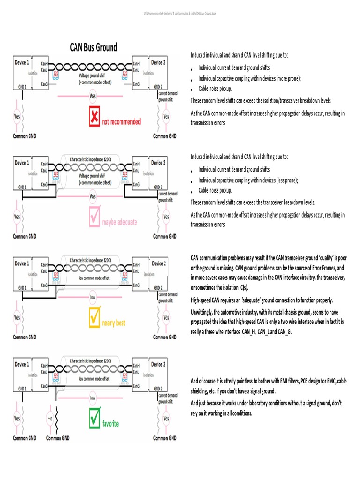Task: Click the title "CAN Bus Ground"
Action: point(94,47)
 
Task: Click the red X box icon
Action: point(95,117)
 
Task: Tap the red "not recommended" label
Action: point(121,122)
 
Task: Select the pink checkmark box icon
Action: point(95,218)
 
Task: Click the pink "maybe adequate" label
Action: point(120,222)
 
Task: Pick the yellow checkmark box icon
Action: point(95,319)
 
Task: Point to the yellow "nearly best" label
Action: point(113,323)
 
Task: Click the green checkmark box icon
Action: point(95,419)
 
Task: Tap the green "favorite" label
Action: point(111,424)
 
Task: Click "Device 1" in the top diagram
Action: point(21,62)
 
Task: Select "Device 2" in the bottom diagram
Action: point(158,364)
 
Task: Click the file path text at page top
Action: point(180,13)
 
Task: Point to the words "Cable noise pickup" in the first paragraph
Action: point(215,89)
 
